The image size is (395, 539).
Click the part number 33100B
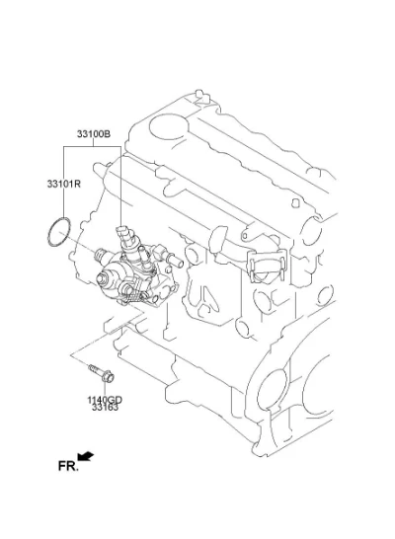pos(94,133)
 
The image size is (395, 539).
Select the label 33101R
pos(64,184)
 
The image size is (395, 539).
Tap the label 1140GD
pos(105,400)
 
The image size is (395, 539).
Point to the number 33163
pos(105,408)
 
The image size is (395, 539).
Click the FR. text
pos(68,467)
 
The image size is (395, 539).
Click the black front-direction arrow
pos(86,456)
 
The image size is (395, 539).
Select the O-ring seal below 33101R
pos(59,231)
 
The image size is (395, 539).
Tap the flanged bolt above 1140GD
pos(101,374)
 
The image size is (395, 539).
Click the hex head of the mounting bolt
pos(108,377)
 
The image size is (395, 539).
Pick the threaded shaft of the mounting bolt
pos(94,370)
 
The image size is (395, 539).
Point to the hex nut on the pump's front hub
pos(102,278)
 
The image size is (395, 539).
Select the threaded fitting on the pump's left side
pos(101,254)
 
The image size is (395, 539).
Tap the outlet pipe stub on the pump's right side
pos(176,261)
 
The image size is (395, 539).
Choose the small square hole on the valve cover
pos(295,202)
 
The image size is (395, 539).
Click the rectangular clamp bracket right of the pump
pos(267,266)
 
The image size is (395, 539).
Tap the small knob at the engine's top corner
pos(198,94)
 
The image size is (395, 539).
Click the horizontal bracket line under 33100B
pos(92,146)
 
